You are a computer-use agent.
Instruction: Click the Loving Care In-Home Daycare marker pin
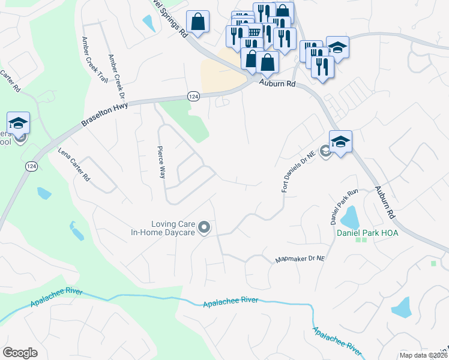(204, 227)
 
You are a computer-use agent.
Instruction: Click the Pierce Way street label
(161, 162)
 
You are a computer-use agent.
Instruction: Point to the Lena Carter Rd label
(73, 165)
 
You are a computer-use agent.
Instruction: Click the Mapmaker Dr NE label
(300, 259)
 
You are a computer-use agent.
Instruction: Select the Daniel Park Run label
(344, 206)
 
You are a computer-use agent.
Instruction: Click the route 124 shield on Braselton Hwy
(193, 97)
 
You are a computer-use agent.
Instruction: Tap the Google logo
(20, 353)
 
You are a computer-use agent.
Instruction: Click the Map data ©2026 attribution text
(423, 355)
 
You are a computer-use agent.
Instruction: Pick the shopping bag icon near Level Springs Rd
(197, 23)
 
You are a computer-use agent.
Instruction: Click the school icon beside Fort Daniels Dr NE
(340, 143)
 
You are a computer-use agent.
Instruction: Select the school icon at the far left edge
(18, 124)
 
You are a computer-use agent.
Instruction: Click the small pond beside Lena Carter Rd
(43, 193)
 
